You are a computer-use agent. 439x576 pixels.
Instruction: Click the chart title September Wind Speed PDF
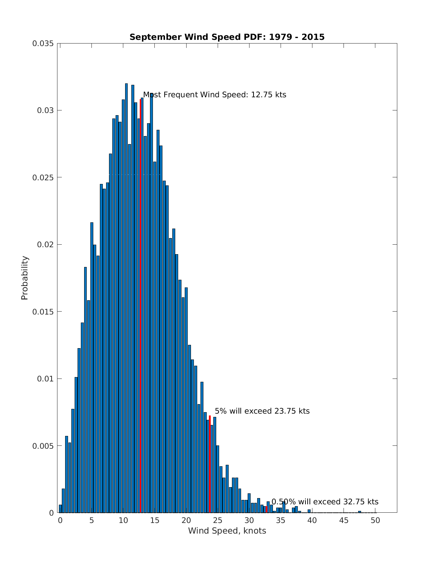pos(227,37)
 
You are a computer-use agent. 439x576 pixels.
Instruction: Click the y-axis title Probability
pos(25,278)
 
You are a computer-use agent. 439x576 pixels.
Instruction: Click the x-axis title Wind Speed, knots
pos(227,531)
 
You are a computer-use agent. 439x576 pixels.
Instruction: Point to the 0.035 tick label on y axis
pos(43,44)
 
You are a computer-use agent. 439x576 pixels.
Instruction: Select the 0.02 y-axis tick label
pos(45,245)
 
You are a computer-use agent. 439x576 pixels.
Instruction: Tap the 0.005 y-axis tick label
pos(43,446)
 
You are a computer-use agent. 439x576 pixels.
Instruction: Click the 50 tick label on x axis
pos(375,520)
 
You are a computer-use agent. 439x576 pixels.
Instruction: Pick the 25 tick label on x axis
pos(218,520)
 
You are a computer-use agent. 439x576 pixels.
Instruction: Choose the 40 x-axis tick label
pos(312,520)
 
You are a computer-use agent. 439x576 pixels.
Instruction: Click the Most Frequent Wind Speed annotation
pos(214,95)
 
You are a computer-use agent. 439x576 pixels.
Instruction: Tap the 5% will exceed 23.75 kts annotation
pos(262,411)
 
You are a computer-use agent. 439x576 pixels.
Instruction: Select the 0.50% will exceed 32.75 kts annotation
pos(325,502)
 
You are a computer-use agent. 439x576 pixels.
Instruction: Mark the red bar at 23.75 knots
pos(210,464)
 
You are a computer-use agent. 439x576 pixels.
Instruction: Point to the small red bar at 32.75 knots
pos(267,509)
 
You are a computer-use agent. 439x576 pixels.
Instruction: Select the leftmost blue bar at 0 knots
pos(60,509)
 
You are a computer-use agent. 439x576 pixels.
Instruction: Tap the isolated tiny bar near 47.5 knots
pos(360,512)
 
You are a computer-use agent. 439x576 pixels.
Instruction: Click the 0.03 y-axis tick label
pos(45,110)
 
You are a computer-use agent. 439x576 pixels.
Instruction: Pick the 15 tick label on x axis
pos(155,520)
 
